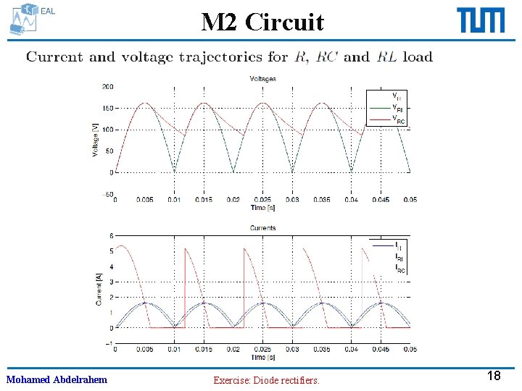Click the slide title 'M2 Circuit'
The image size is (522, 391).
pyautogui.click(x=262, y=22)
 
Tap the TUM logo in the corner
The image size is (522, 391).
pyautogui.click(x=481, y=20)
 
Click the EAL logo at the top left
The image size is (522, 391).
pyautogui.click(x=32, y=19)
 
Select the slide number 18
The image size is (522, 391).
pyautogui.click(x=494, y=375)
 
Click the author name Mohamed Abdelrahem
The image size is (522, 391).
pyautogui.click(x=57, y=379)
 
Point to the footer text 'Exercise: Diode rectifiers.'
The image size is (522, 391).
pyautogui.click(x=266, y=379)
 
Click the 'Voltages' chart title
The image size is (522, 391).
pyautogui.click(x=262, y=78)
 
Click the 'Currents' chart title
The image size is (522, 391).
pyautogui.click(x=262, y=228)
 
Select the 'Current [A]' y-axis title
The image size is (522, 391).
pyautogui.click(x=98, y=289)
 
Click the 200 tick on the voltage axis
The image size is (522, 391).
pyautogui.click(x=107, y=87)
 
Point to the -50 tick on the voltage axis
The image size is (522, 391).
pyautogui.click(x=106, y=194)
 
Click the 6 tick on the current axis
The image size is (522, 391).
pyautogui.click(x=111, y=235)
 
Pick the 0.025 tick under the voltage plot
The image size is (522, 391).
pyautogui.click(x=262, y=200)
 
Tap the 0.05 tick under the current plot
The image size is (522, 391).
pyautogui.click(x=410, y=349)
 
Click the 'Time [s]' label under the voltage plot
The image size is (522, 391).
pyautogui.click(x=262, y=208)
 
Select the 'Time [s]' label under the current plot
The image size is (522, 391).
pyautogui.click(x=262, y=357)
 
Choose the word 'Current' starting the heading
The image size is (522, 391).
pyautogui.click(x=55, y=56)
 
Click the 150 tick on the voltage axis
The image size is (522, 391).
pyautogui.click(x=107, y=109)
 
